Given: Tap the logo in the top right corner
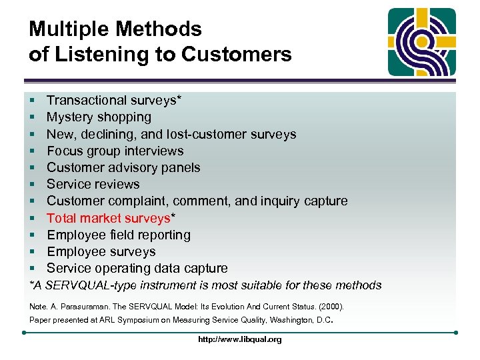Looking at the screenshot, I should (422, 42).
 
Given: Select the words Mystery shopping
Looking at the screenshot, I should (99, 117).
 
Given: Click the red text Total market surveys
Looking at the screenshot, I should (109, 218).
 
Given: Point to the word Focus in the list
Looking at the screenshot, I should (65, 151).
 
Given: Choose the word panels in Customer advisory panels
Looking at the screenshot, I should (181, 167).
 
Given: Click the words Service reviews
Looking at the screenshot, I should (93, 185).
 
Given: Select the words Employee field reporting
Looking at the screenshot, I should (118, 235).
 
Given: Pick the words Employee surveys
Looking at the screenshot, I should (101, 252).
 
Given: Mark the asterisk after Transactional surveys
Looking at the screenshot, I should (179, 99).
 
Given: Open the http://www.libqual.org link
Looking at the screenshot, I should (239, 339).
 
